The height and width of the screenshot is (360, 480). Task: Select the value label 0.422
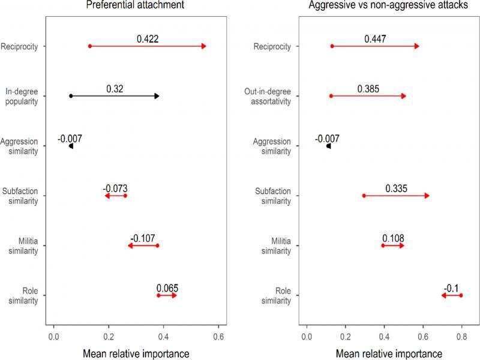pos(148,39)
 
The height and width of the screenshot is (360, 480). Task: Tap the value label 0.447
pos(375,39)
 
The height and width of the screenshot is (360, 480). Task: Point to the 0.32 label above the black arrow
pos(115,89)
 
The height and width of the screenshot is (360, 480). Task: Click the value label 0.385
pos(368,89)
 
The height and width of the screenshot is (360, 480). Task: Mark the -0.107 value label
pos(142,238)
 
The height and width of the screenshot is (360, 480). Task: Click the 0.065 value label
pos(167,287)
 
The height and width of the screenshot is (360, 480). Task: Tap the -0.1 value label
pos(451,287)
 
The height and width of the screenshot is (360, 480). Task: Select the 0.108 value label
pos(393,238)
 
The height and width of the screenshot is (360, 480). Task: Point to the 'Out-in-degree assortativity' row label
pos(276,96)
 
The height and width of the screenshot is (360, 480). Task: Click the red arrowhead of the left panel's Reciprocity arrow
pos(203,46)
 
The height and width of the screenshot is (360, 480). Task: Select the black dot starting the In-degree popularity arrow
pos(71,96)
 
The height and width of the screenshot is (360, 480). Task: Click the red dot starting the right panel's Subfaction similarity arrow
pos(364,196)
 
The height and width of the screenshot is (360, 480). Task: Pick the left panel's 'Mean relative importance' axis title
pos(136,352)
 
